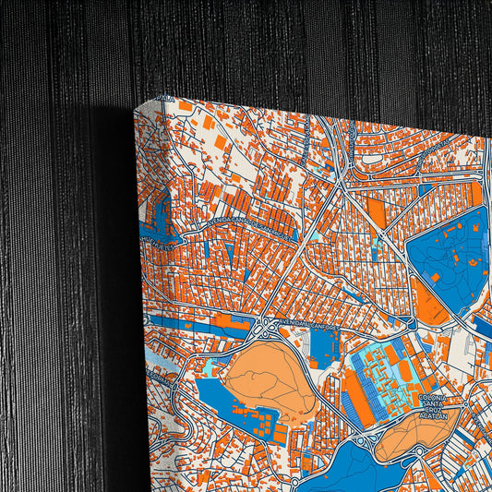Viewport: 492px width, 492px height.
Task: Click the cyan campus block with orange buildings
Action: point(383,378)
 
